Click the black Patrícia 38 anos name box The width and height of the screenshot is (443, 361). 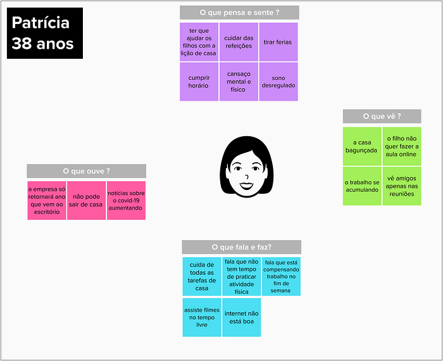pyautogui.click(x=45, y=33)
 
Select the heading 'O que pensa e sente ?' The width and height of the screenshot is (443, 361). pyautogui.click(x=239, y=13)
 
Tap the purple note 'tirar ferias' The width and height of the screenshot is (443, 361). pyautogui.click(x=278, y=42)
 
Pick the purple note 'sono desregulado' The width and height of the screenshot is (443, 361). pyautogui.click(x=278, y=82)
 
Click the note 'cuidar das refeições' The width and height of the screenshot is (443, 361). pyautogui.click(x=239, y=42)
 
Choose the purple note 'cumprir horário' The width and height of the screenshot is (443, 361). pyautogui.click(x=199, y=82)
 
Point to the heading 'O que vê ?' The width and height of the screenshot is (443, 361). pyautogui.click(x=382, y=116)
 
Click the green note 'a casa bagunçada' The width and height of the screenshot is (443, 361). pyautogui.click(x=362, y=146)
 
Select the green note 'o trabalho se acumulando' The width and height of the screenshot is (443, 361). pyautogui.click(x=362, y=186)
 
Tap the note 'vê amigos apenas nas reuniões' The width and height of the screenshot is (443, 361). pyautogui.click(x=402, y=186)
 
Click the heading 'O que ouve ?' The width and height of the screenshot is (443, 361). pyautogui.click(x=87, y=171)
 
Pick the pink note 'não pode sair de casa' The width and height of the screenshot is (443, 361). pyautogui.click(x=87, y=200)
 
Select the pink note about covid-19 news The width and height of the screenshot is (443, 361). pyautogui.click(x=126, y=200)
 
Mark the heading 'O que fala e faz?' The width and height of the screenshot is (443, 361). pyautogui.click(x=242, y=247)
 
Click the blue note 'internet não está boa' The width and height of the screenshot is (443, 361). pyautogui.click(x=242, y=317)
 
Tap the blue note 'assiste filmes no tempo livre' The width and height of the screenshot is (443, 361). pyautogui.click(x=202, y=317)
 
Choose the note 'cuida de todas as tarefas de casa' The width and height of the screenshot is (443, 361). pyautogui.click(x=202, y=277)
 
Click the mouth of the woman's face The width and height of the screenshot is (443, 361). pyautogui.click(x=247, y=186)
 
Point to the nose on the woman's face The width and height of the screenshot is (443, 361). pyautogui.click(x=247, y=177)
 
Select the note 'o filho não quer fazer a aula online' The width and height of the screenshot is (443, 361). pyautogui.click(x=402, y=146)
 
